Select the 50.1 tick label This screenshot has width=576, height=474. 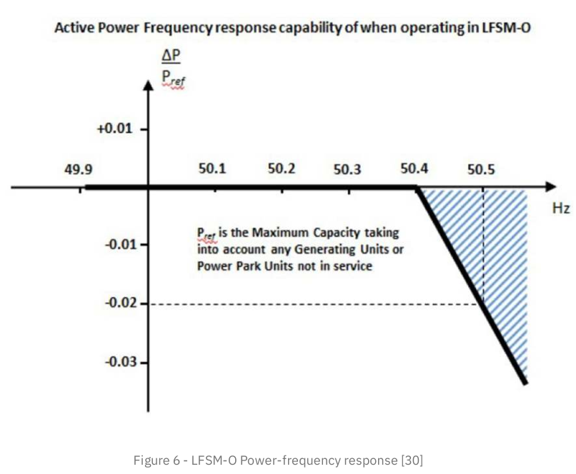(212, 170)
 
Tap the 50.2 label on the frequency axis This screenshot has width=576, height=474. (282, 170)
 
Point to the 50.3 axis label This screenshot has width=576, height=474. (347, 170)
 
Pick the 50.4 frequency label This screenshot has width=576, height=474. (414, 170)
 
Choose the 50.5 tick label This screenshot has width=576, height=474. (482, 170)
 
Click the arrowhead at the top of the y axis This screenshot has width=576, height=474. (149, 86)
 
